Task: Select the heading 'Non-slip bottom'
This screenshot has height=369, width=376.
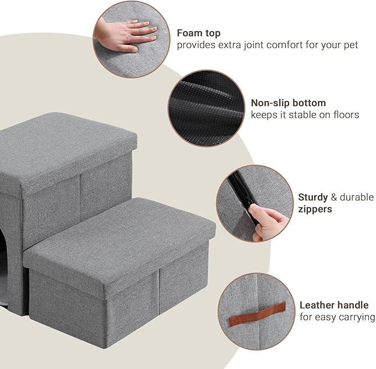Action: tap(288, 103)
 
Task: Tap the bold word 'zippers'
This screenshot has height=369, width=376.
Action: tap(316, 210)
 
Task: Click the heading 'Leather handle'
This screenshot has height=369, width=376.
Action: tap(334, 305)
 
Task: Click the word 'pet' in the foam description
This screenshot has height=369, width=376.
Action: tap(350, 45)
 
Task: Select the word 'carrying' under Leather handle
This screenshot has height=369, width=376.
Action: tap(357, 317)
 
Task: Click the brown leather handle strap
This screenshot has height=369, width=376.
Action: tap(255, 308)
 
